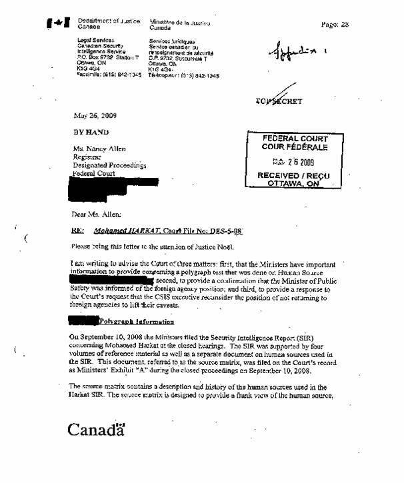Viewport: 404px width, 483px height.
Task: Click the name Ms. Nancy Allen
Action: pos(99,149)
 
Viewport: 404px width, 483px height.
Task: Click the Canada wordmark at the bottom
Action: pos(96,429)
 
